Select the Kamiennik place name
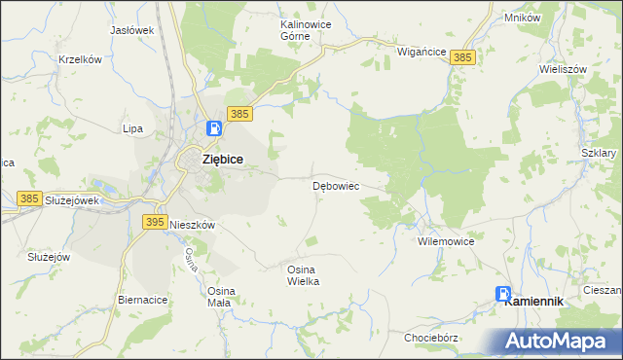click(x=534, y=302)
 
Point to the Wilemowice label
click(x=445, y=240)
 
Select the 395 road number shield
click(x=154, y=222)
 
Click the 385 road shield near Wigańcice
click(x=462, y=59)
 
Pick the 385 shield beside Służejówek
click(x=30, y=198)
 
